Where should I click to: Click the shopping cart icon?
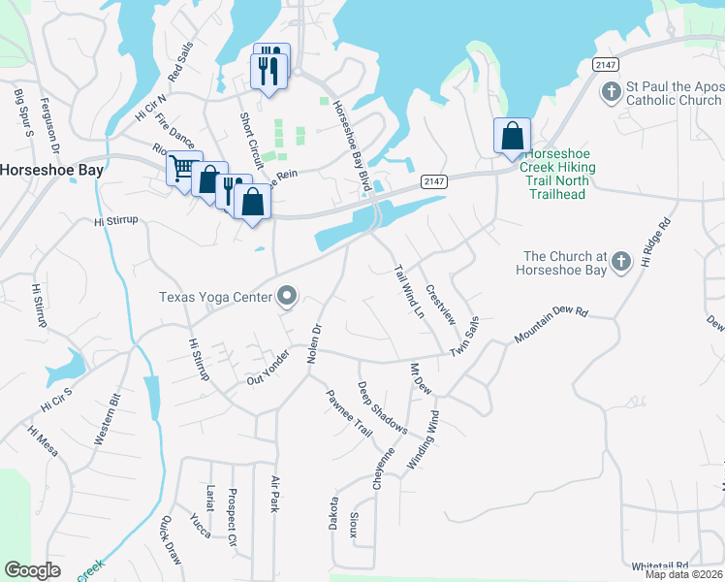coord(181,168)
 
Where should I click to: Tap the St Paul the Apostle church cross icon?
coord(611,93)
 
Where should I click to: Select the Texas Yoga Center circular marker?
coord(287,296)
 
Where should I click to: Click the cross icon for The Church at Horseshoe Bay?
coord(620,261)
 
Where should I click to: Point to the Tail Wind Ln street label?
coord(409,292)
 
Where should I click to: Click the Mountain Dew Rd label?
coord(552,325)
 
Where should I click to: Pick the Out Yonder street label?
coord(268,367)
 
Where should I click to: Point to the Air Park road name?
coord(275,494)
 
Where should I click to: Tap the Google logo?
coord(32,570)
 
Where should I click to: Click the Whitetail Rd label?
coord(659,566)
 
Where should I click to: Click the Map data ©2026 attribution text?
coord(683,574)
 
